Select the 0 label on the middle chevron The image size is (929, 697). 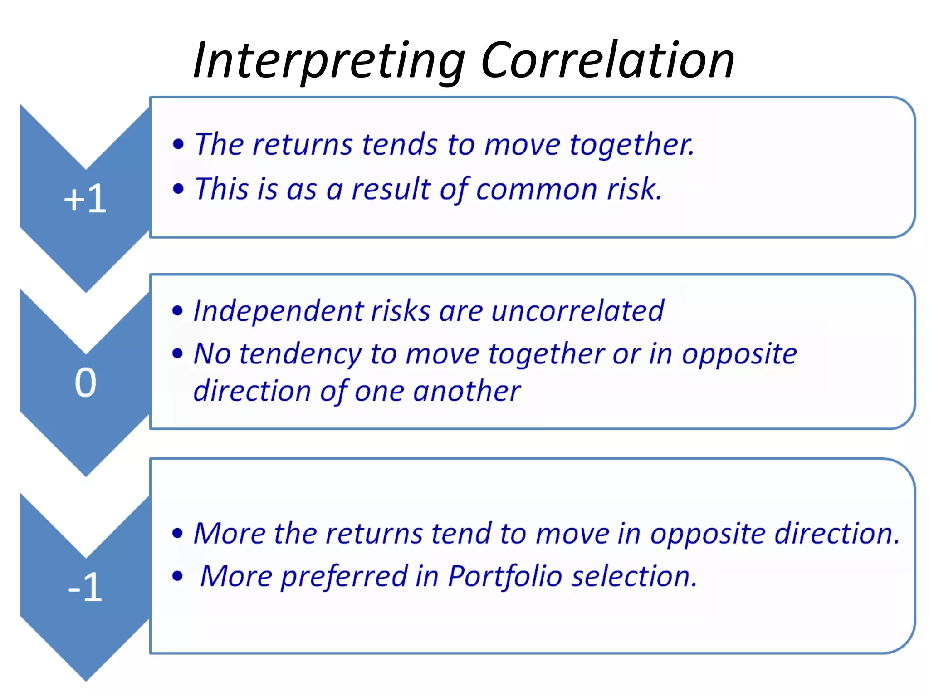tap(85, 383)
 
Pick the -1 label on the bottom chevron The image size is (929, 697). tap(85, 588)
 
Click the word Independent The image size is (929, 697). tap(279, 312)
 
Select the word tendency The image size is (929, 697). tap(300, 354)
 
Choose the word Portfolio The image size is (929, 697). tap(505, 577)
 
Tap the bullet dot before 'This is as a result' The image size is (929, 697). tap(178, 189)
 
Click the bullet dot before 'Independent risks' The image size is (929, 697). tap(177, 311)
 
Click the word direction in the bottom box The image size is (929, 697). tap(836, 533)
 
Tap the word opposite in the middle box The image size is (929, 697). tap(739, 354)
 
